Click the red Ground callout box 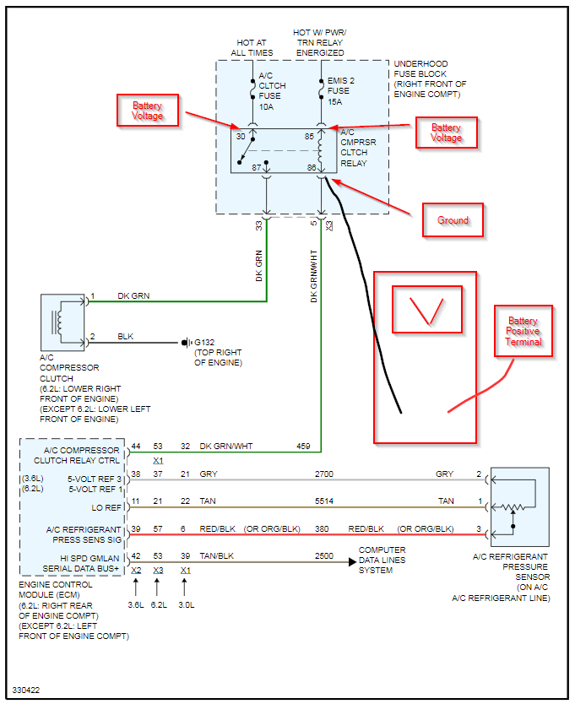pos(453,220)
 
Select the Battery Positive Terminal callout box pos(523,332)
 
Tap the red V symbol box pos(427,310)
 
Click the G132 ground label pos(204,342)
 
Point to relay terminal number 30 pos(241,136)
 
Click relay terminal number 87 pos(256,167)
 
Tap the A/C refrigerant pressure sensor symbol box pos(520,506)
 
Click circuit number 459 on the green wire pos(303,447)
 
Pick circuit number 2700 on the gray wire pos(324,474)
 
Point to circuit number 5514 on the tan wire pos(324,501)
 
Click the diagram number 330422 pos(26,690)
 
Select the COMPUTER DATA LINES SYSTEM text pos(382,560)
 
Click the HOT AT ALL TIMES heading pos(252,47)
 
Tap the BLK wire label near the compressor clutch pos(125,336)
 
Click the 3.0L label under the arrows pos(187,604)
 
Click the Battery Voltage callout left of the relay pos(148,111)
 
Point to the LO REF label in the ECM pos(106,508)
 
